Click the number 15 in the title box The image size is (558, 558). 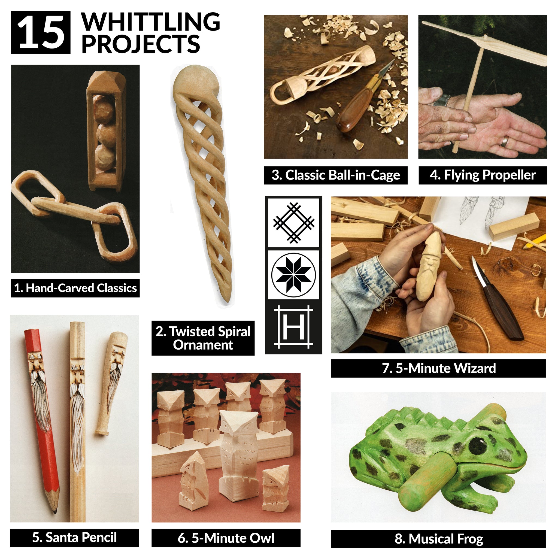tap(41, 33)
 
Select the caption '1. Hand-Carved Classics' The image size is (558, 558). tap(75, 288)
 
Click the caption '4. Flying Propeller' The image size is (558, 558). tap(483, 175)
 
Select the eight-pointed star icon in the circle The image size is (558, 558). tap(293, 275)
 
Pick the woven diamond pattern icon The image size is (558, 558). tap(293, 222)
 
